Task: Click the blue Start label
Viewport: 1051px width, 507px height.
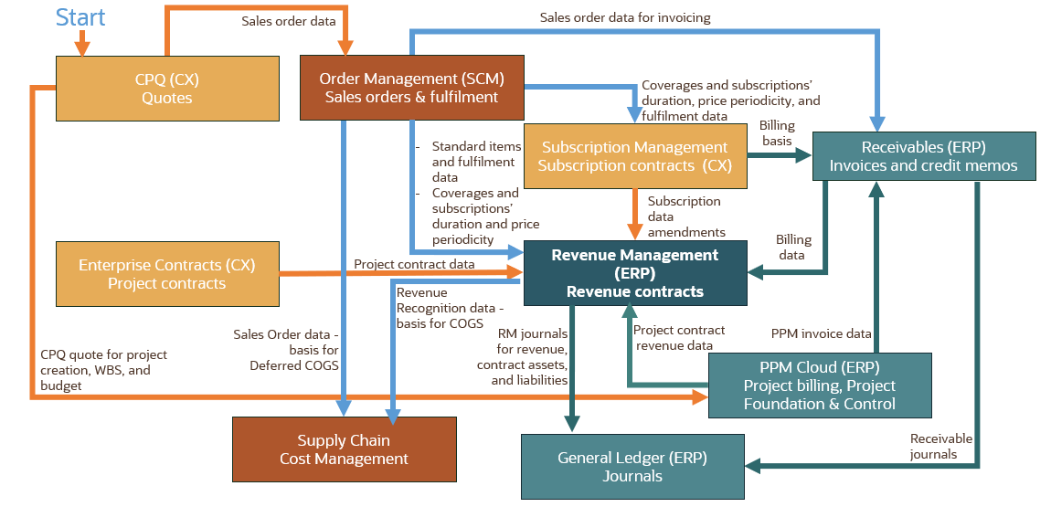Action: tap(80, 16)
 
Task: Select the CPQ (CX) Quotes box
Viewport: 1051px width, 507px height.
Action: tap(167, 89)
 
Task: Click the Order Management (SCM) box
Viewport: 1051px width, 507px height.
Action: tap(411, 88)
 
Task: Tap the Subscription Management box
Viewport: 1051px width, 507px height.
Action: tap(634, 156)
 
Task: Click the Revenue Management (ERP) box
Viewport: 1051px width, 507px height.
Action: tap(634, 273)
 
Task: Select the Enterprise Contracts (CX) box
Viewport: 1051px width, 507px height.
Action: tap(166, 274)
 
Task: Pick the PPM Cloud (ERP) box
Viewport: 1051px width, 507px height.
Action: tap(819, 385)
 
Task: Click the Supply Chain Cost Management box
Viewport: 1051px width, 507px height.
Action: tap(344, 449)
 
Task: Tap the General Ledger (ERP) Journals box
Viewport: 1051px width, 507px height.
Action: tap(632, 467)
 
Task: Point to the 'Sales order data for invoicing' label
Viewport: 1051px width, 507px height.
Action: tap(625, 17)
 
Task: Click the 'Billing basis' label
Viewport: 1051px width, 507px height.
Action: tap(777, 133)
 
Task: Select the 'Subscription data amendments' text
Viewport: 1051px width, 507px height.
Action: tap(686, 217)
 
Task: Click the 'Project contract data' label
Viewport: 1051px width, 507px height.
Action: tap(414, 264)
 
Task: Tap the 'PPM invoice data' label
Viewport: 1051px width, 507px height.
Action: tap(821, 333)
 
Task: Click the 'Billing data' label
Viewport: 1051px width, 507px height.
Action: tap(792, 247)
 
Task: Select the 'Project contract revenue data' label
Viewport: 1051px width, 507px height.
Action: tap(679, 337)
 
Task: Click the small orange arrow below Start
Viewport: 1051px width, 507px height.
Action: tap(82, 43)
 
